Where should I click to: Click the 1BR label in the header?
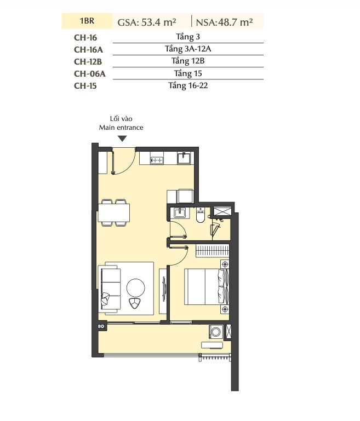(87, 21)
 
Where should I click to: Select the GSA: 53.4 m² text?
(147, 22)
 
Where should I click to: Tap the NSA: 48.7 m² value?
(224, 22)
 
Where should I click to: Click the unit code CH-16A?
(88, 50)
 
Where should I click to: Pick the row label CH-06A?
(90, 73)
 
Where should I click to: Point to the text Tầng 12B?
(188, 61)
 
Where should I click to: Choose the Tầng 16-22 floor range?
(188, 85)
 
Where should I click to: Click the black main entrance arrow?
(123, 139)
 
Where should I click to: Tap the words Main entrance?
(121, 127)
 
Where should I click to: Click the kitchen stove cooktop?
(157, 158)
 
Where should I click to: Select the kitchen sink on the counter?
(184, 158)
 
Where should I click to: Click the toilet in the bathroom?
(200, 215)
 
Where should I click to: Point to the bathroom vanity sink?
(179, 213)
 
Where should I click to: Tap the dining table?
(114, 212)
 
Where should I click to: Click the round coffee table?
(136, 287)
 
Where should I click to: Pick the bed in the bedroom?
(207, 287)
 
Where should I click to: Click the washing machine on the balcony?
(216, 332)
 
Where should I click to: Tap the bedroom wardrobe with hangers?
(212, 251)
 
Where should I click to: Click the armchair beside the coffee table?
(135, 303)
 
